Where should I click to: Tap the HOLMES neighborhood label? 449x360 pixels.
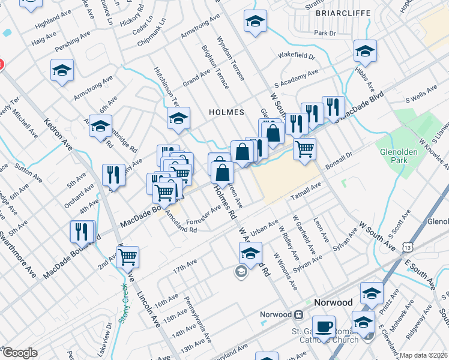[x=226, y=112]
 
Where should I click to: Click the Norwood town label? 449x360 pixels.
[x=333, y=302]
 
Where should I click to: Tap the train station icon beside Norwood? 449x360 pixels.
[x=298, y=314]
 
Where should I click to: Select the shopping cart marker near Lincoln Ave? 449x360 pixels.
[x=127, y=257]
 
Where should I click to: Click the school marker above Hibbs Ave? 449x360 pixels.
[x=364, y=52]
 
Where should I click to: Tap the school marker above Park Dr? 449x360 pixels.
[x=255, y=22]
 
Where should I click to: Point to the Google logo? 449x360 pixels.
[x=20, y=353]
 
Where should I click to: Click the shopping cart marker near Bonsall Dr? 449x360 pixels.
[x=305, y=148]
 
